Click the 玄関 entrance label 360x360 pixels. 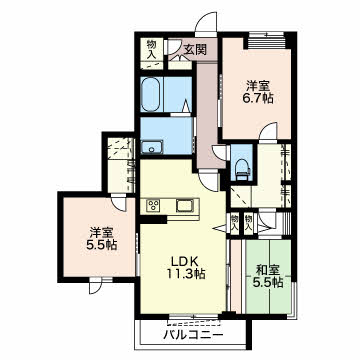pos(195,50)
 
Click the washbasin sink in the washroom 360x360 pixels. pos(152,147)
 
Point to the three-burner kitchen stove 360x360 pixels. pos(154,206)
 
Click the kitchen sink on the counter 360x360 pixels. pos(184,206)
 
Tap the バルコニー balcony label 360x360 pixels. pos(193,335)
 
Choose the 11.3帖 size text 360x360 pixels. pos(186,274)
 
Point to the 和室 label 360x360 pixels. pos(268,270)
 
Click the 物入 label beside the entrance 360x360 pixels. pos(152,49)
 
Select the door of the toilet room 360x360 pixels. pos(221,152)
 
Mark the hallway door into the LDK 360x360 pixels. pos(209,178)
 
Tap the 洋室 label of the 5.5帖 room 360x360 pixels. pos(100,233)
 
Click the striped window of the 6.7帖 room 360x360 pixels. pos(266,43)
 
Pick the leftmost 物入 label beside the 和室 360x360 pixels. pos(235,223)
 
